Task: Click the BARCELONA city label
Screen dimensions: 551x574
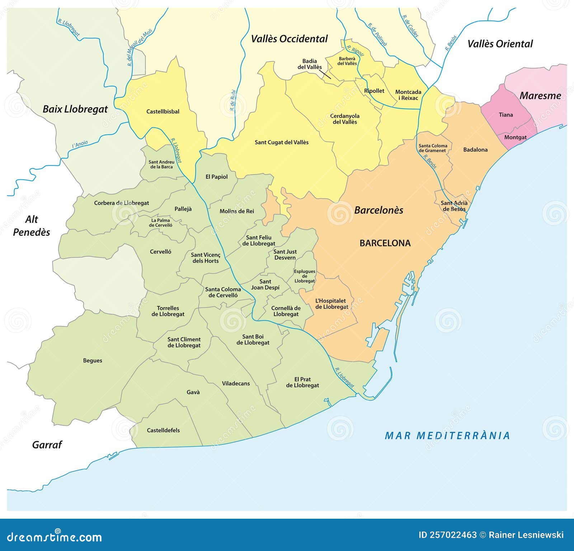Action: [x=385, y=243]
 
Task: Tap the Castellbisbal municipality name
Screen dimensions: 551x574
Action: [x=163, y=112]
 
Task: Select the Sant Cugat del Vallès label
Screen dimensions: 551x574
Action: [x=282, y=142]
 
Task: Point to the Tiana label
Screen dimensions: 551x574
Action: [x=506, y=115]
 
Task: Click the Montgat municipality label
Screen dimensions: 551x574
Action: [x=516, y=137]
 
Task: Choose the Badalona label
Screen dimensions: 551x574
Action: [x=475, y=150]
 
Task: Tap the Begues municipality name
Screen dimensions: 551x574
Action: [x=93, y=361]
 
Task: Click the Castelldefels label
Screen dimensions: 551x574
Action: [x=163, y=430]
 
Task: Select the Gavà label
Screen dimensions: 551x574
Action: [x=193, y=392]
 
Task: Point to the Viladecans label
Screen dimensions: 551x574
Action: [x=236, y=383]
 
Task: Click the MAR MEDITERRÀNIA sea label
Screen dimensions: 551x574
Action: [x=447, y=435]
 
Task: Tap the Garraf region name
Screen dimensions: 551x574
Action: [x=47, y=445]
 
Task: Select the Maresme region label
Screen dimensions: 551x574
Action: [x=540, y=96]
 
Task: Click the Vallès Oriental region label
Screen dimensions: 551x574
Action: [x=500, y=44]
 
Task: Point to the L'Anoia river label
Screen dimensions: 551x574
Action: [x=80, y=144]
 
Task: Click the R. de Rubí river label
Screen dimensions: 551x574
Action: [x=233, y=100]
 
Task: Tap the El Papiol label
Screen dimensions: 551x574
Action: [x=216, y=177]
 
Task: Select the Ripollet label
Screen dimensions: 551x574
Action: [x=374, y=91]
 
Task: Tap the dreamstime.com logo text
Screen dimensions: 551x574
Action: [x=55, y=537]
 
